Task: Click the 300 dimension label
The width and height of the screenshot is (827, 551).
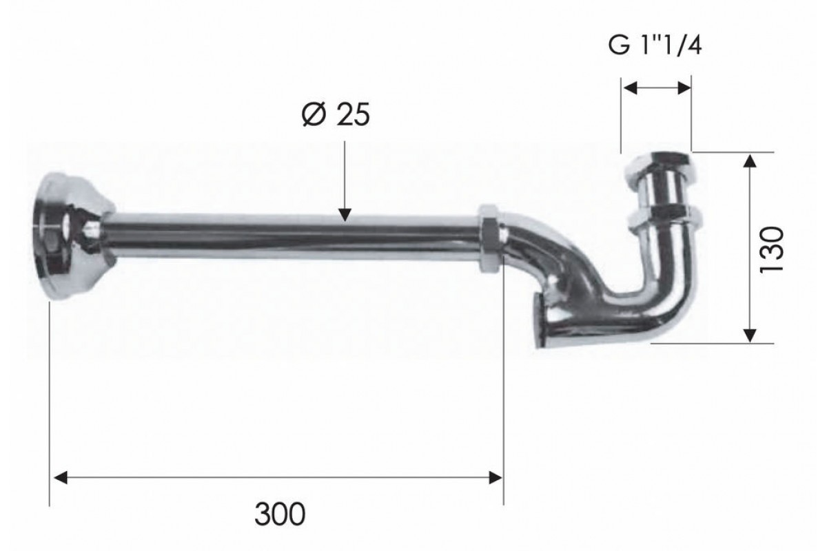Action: coord(280,514)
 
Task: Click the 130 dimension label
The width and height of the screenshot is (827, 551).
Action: coord(772,250)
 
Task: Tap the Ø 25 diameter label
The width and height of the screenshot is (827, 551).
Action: coord(336,114)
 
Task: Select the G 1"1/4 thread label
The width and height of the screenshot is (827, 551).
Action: coord(655,45)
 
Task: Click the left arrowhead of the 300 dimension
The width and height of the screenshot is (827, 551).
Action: coord(61,477)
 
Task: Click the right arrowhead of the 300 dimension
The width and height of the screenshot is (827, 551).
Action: coord(495,477)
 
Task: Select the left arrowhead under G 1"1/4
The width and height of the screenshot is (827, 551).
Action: coord(631,88)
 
